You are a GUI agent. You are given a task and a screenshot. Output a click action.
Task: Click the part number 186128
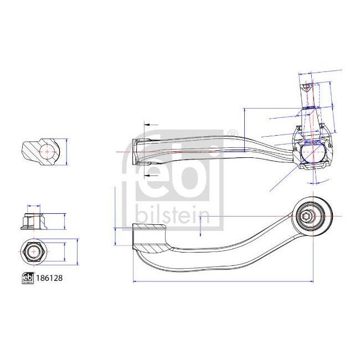[49, 279]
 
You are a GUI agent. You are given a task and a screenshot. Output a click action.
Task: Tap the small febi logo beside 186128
[27, 279]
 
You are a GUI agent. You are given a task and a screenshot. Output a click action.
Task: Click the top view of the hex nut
[34, 252]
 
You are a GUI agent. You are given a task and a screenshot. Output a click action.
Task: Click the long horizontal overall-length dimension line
[222, 282]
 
